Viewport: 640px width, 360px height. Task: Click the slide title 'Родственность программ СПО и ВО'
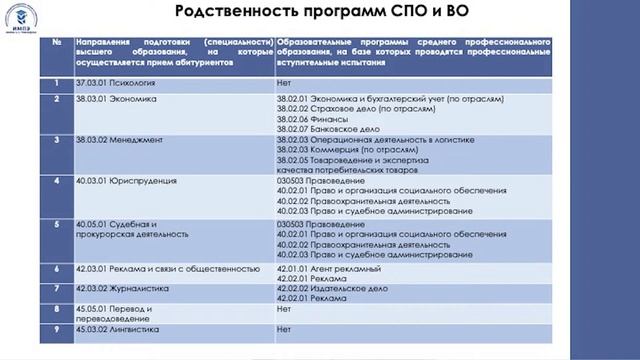[x=320, y=13]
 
